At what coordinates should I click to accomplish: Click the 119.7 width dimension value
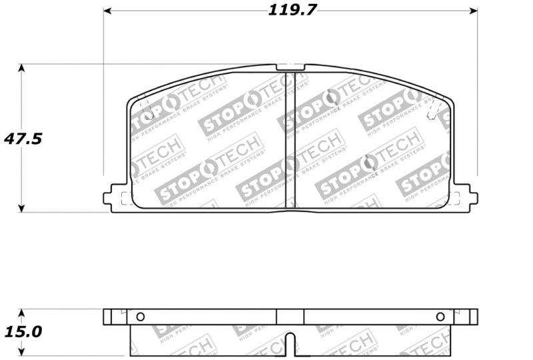pyautogui.click(x=292, y=10)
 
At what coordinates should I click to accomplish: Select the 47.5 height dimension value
pyautogui.click(x=23, y=139)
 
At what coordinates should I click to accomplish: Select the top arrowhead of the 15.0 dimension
pyautogui.click(x=21, y=312)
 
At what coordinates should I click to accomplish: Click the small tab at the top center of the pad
pyautogui.click(x=290, y=67)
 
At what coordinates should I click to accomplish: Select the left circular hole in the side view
pyautogui.click(x=140, y=317)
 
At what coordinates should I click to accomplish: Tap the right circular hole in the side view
pyautogui.click(x=440, y=317)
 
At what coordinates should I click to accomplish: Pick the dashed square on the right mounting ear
pyautogui.click(x=456, y=197)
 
